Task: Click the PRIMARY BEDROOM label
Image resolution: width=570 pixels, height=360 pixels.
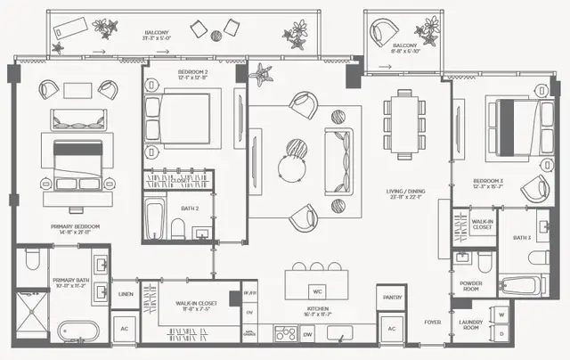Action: coord(73,228)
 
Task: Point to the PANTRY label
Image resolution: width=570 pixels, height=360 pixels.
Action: coord(392,298)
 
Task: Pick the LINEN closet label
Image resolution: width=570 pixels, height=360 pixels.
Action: coord(126,293)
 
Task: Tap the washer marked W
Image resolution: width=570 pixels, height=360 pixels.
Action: coord(501,315)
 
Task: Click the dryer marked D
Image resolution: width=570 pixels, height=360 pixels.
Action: coord(501,334)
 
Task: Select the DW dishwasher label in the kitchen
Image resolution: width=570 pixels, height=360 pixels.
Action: coord(306,334)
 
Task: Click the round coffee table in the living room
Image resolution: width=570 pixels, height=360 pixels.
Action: coord(291,167)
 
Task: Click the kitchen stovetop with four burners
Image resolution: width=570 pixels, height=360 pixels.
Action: coord(285,334)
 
